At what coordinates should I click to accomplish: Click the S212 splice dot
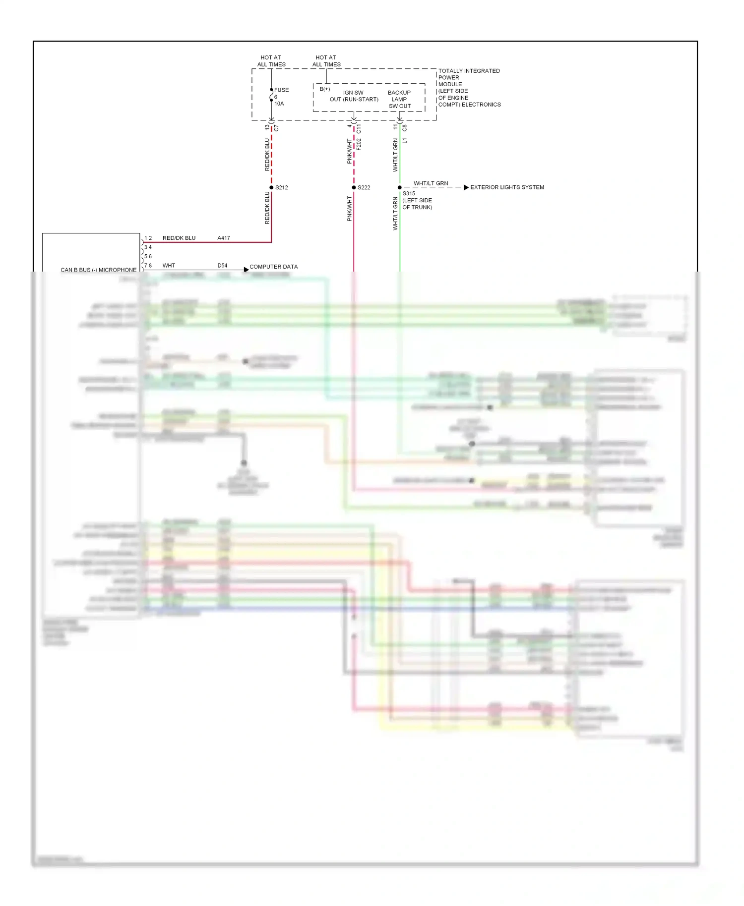(x=271, y=187)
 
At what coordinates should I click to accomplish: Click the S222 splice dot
(x=354, y=187)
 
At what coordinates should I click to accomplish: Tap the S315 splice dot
(x=400, y=187)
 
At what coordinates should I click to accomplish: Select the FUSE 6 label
(x=281, y=93)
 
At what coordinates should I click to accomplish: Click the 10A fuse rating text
(x=279, y=104)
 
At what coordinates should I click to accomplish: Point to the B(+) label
(x=325, y=89)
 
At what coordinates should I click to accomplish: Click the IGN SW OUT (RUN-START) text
(x=354, y=96)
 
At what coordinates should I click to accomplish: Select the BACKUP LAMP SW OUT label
(x=399, y=99)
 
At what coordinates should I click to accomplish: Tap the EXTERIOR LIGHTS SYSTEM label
(x=507, y=187)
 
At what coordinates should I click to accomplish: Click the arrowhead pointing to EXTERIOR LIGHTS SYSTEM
(x=466, y=187)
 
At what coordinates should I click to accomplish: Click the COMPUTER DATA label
(x=273, y=267)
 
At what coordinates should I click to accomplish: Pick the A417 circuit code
(x=224, y=238)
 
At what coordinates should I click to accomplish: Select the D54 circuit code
(x=222, y=266)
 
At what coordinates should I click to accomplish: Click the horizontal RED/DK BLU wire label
(x=179, y=238)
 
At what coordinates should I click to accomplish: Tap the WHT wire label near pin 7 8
(x=169, y=266)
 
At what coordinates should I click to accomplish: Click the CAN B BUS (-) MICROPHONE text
(x=98, y=270)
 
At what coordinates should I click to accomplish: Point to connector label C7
(x=277, y=128)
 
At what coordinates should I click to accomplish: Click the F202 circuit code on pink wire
(x=359, y=144)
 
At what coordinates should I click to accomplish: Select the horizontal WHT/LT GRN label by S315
(x=431, y=183)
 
